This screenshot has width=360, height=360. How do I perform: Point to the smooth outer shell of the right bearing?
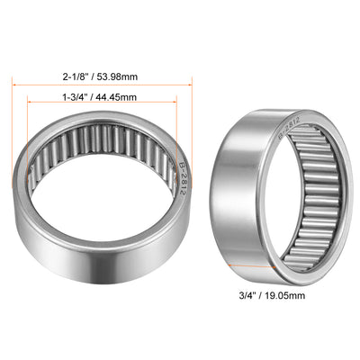[x=238, y=193]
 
